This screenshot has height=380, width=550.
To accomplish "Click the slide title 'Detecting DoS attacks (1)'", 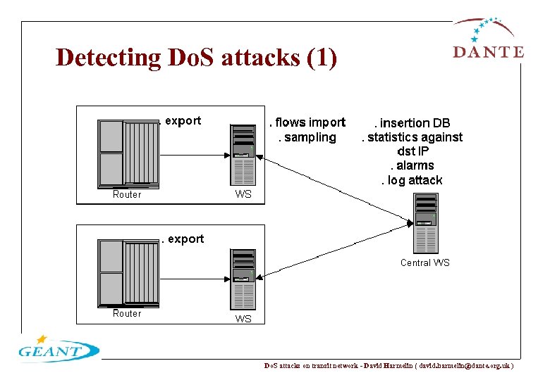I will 196,58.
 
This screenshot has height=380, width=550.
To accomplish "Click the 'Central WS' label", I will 424,262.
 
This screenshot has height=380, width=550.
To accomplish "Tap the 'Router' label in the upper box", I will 127,194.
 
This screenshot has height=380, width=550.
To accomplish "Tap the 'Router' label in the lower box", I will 127,314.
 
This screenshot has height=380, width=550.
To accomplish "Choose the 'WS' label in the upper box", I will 243,194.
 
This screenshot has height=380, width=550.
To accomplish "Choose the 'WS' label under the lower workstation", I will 243,319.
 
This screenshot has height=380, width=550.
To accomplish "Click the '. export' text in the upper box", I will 181,121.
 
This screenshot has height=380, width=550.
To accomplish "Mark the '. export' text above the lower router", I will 183,239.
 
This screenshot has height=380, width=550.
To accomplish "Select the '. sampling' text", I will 307,137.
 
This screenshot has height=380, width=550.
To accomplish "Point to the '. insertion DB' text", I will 412,123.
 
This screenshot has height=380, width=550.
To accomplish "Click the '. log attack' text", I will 412,180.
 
